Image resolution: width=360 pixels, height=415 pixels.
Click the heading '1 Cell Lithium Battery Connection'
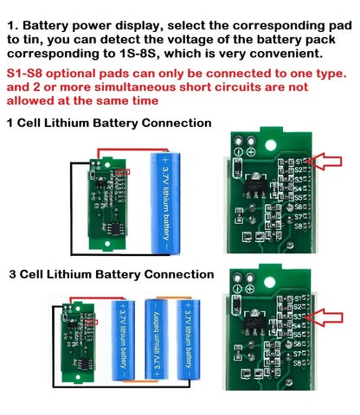108,123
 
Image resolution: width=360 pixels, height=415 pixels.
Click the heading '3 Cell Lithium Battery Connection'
109,274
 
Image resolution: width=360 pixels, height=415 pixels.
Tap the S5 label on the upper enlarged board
298,195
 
